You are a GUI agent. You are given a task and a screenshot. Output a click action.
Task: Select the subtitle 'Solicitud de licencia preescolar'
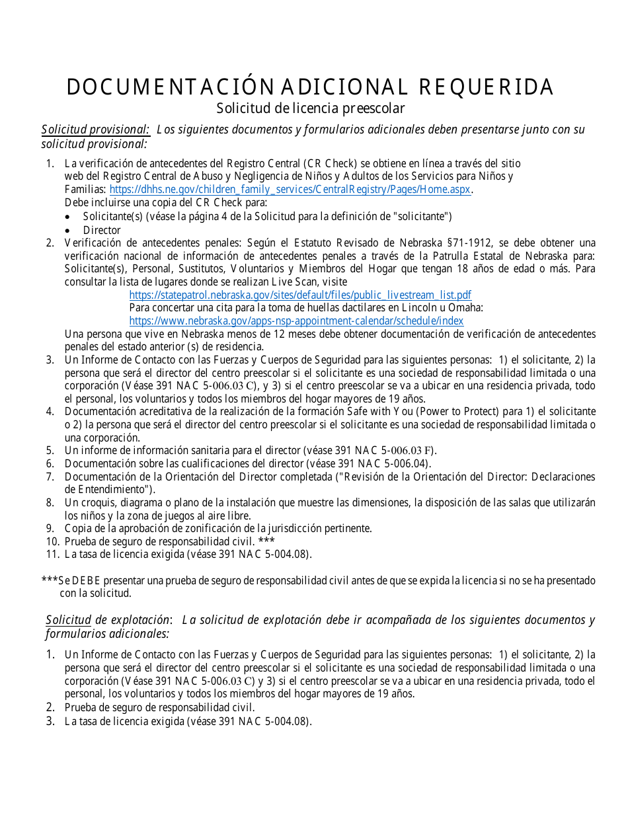[311, 108]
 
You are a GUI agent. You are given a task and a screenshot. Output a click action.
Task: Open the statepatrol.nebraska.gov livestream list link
[300, 295]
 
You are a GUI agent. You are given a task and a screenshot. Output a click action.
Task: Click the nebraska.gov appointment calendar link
[296, 321]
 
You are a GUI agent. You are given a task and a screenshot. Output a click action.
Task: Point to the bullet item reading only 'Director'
[102, 230]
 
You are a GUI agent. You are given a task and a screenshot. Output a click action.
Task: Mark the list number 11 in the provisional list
[52, 554]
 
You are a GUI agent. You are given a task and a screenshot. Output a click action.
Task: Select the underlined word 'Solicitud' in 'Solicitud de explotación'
[68, 620]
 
